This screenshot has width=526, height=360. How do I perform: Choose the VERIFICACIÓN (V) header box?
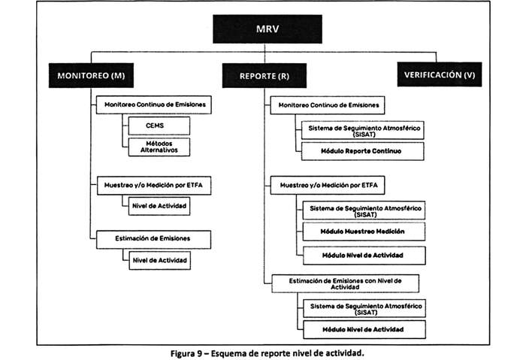pos(442,75)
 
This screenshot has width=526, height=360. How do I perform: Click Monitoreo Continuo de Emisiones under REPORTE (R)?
pos(328,106)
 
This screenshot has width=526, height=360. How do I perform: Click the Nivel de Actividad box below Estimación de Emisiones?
pos(159,260)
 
